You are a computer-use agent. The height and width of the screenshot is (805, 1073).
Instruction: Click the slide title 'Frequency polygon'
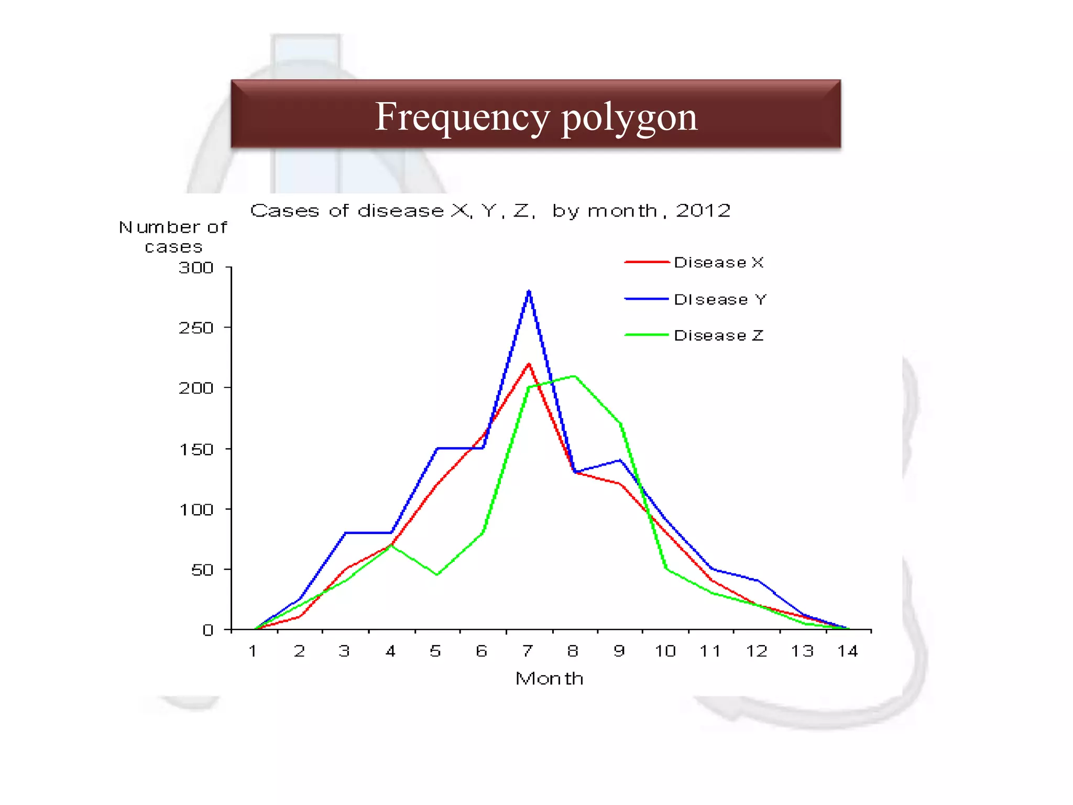536,116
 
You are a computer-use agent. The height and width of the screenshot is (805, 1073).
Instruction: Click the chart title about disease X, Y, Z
490,211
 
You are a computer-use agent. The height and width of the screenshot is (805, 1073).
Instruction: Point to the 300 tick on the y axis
196,268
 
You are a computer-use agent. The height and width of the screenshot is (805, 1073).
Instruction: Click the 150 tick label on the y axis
196,450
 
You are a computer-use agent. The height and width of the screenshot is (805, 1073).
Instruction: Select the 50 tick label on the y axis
202,570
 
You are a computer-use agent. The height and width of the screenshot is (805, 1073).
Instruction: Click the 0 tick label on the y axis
208,630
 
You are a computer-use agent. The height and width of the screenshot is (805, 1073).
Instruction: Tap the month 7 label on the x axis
528,651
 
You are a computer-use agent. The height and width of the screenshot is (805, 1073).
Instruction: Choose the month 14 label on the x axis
847,651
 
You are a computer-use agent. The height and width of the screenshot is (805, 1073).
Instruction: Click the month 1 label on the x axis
253,651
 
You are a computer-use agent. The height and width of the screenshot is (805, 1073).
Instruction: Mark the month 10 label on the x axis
665,651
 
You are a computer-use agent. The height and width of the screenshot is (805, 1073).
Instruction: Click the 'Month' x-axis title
549,679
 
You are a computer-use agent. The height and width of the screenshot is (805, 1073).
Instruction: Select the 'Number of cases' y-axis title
173,237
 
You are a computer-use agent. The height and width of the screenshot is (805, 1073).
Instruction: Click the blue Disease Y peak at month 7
529,291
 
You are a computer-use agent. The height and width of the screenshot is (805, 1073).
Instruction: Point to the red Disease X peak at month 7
529,364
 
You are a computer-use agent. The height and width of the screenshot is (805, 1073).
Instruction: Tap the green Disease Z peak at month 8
575,376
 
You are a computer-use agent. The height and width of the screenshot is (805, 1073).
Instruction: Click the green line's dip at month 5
437,574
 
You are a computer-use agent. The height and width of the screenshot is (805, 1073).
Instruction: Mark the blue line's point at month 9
620,460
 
